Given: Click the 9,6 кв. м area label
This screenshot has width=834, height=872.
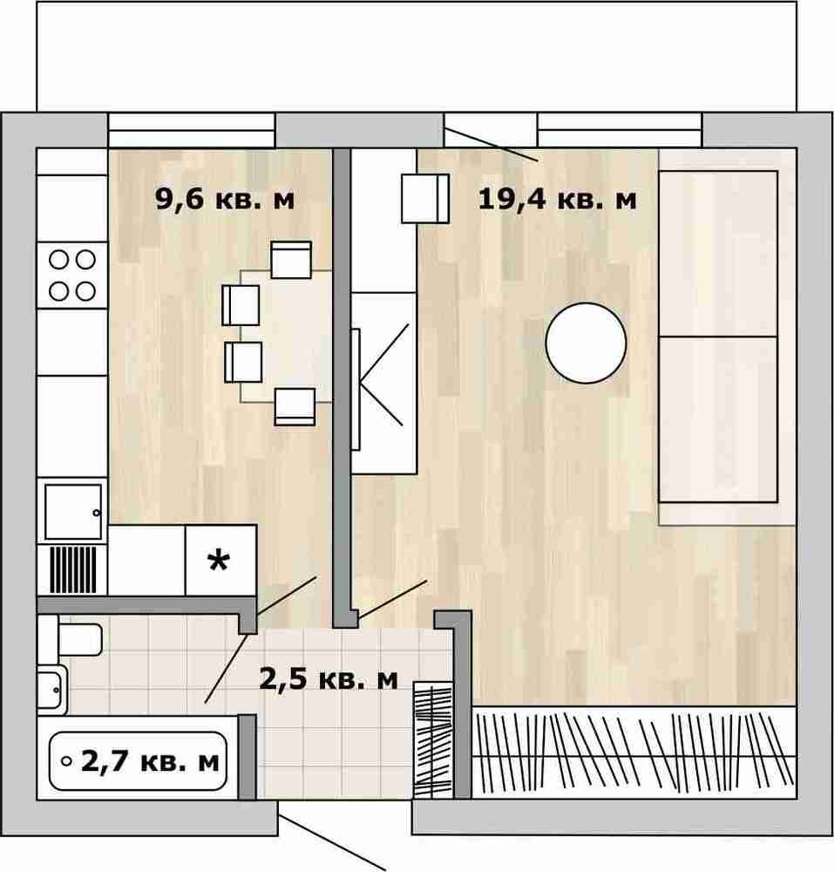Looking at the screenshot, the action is [x=225, y=199].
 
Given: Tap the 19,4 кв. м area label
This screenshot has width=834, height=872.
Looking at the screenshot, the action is [x=557, y=199].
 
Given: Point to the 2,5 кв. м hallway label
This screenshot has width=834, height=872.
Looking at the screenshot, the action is [x=329, y=679].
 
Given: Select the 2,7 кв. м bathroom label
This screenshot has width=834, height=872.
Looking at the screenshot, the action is [x=150, y=761].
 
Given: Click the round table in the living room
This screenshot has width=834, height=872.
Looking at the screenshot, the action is [x=586, y=343].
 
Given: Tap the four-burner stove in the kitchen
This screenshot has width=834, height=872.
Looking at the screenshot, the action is [x=72, y=276].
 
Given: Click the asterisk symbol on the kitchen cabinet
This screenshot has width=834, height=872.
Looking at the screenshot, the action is [x=219, y=561].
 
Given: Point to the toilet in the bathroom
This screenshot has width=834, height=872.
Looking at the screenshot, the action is [x=71, y=639].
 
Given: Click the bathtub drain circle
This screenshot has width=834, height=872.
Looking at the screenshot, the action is [x=67, y=761].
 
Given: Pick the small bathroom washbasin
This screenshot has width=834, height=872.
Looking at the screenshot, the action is [x=52, y=690].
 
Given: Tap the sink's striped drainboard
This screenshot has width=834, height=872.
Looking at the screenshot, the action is [x=73, y=570].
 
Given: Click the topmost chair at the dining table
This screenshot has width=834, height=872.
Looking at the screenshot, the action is [x=291, y=260].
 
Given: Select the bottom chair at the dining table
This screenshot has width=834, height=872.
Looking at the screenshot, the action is [x=295, y=406].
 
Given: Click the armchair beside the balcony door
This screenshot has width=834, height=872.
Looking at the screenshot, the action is [x=425, y=199].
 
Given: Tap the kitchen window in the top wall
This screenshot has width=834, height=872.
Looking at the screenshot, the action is [x=192, y=130].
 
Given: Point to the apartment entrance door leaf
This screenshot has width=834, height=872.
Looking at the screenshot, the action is [x=332, y=842].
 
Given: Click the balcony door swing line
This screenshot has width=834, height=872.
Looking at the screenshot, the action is [x=492, y=145].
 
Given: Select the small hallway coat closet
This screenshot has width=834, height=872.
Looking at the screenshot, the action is [x=433, y=741].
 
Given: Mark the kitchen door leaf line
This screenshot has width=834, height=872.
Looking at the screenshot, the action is [x=287, y=596].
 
